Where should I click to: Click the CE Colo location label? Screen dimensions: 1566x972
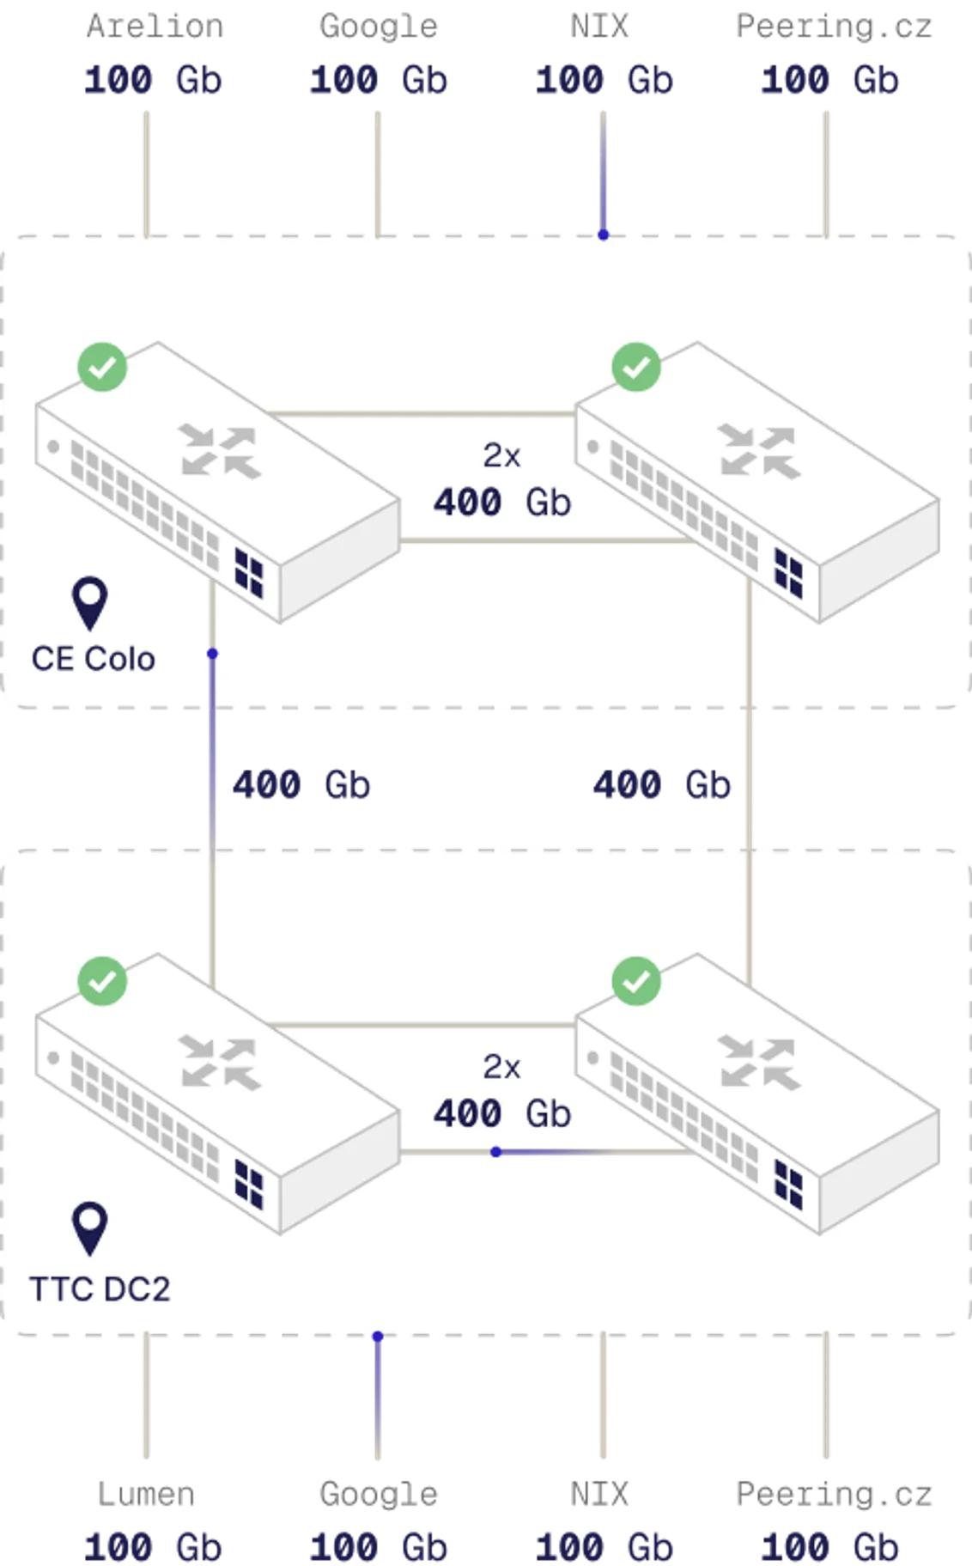pyautogui.click(x=93, y=659)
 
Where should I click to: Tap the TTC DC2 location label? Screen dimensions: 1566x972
pyautogui.click(x=100, y=1289)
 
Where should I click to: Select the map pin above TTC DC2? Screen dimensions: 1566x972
pyautogui.click(x=90, y=1228)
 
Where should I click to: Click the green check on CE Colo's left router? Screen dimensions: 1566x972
pyautogui.click(x=102, y=368)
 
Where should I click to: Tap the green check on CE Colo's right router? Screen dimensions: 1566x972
pyautogui.click(x=636, y=368)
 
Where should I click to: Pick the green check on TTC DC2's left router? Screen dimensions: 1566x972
pyautogui.click(x=102, y=981)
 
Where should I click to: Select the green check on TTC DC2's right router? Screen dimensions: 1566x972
pyautogui.click(x=636, y=981)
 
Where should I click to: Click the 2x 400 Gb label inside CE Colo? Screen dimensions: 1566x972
pyautogui.click(x=502, y=481)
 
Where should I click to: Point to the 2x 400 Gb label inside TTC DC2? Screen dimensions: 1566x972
pyautogui.click(x=502, y=1093)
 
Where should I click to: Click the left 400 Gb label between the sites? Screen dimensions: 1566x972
pyautogui.click(x=301, y=785)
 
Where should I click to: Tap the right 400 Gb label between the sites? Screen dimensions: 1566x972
pyautogui.click(x=661, y=785)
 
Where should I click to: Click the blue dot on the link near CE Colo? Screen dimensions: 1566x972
pyautogui.click(x=212, y=655)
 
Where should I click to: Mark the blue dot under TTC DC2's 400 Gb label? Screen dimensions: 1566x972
pyautogui.click(x=495, y=1151)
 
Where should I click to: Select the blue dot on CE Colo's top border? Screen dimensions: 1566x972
pyautogui.click(x=604, y=234)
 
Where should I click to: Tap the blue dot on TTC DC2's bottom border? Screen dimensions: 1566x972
pyautogui.click(x=377, y=1337)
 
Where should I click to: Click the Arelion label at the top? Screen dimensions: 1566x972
pyautogui.click(x=155, y=26)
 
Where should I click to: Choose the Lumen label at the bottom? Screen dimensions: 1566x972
pyautogui.click(x=146, y=1495)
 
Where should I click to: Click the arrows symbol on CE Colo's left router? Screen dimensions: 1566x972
pyautogui.click(x=221, y=451)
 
